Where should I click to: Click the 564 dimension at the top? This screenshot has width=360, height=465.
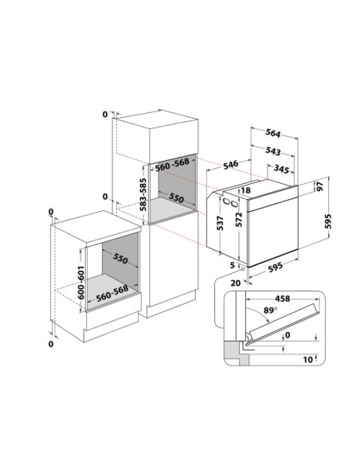273,134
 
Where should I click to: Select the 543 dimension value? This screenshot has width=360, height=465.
273,151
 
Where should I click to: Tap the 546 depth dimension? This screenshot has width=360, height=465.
230,165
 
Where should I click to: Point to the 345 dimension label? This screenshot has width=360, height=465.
281,169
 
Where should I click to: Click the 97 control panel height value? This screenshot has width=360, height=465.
319,186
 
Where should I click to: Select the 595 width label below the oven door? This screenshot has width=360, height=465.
276,268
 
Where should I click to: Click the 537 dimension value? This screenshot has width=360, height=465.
220,223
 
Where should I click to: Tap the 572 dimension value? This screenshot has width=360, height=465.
239,220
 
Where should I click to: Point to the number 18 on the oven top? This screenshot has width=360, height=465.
246,190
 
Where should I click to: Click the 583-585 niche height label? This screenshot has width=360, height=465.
143,194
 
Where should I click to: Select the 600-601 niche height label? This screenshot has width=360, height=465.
81,283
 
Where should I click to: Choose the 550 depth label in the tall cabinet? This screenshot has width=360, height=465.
177,197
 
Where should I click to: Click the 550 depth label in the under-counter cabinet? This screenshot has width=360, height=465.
120,259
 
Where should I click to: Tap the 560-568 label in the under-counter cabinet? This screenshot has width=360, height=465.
112,293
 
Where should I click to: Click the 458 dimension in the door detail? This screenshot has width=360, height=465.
282,299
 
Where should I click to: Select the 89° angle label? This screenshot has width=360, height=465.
270,311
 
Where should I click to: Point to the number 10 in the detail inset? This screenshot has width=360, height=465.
308,359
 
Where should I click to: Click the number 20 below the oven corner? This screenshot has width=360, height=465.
236,283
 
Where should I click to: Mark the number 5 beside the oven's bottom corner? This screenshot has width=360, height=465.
233,265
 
